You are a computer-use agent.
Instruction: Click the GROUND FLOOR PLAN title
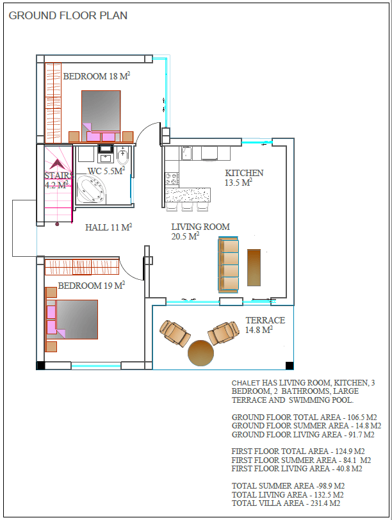click(x=68, y=15)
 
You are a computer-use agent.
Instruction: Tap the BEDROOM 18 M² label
click(x=97, y=76)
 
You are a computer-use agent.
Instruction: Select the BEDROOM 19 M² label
click(x=92, y=285)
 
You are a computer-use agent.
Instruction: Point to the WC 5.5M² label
click(x=106, y=170)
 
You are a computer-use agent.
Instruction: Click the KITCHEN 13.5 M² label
click(x=244, y=177)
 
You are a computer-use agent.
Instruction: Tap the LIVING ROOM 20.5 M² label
click(x=200, y=231)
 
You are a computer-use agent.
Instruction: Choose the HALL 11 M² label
click(x=109, y=227)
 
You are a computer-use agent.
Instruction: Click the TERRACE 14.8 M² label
click(x=265, y=325)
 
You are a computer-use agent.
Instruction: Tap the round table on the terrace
click(x=200, y=353)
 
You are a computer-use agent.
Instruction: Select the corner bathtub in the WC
click(x=91, y=189)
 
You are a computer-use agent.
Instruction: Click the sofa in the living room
click(x=229, y=264)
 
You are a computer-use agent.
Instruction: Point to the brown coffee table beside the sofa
click(x=254, y=268)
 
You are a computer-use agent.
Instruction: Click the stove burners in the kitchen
click(x=172, y=179)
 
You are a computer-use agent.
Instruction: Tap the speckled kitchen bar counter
click(x=188, y=195)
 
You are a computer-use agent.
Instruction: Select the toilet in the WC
click(x=123, y=156)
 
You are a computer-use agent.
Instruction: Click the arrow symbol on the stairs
click(x=57, y=164)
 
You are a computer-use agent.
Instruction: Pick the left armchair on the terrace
click(x=174, y=333)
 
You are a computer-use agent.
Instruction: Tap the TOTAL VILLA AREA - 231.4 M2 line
click(x=286, y=503)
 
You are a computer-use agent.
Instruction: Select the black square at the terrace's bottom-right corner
click(x=290, y=366)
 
